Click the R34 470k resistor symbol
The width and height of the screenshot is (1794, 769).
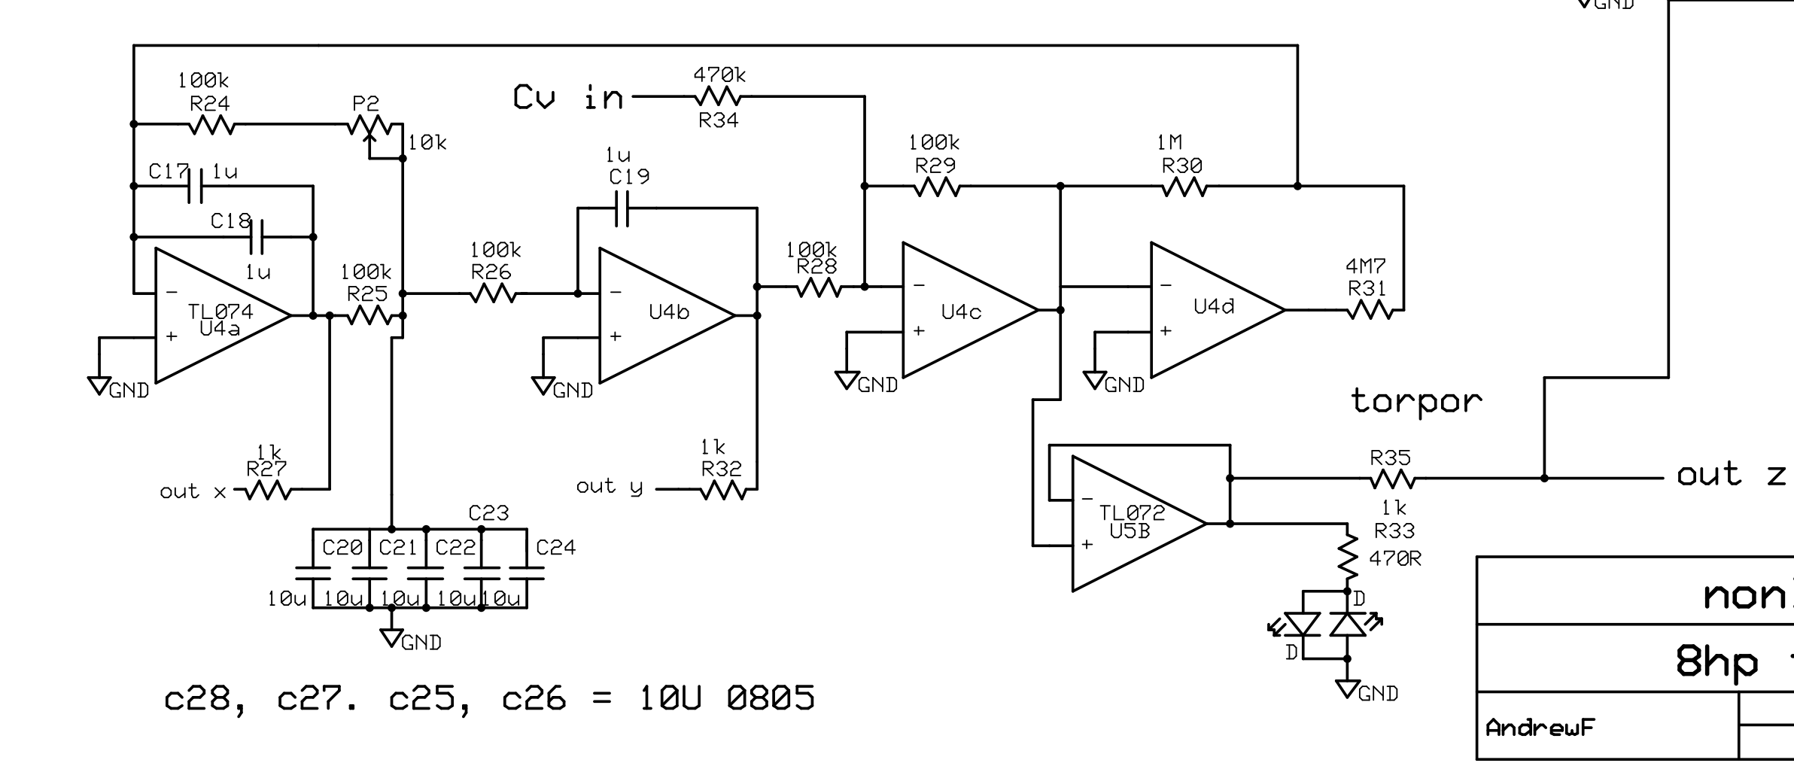tap(718, 96)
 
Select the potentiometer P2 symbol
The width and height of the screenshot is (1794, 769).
tap(369, 126)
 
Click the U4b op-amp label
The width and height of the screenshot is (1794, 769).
tap(668, 312)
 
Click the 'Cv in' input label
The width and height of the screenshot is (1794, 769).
tap(568, 98)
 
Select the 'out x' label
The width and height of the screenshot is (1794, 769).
tap(193, 492)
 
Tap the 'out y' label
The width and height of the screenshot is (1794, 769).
tap(610, 487)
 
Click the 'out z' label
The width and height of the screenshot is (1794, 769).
tap(1731, 475)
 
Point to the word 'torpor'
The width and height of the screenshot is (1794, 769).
tap(1416, 401)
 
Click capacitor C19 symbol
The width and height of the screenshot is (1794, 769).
tap(622, 208)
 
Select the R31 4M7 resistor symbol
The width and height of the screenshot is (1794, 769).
tap(1370, 310)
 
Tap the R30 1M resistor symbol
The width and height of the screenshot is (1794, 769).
tap(1184, 187)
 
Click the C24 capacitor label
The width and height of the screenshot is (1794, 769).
tap(555, 548)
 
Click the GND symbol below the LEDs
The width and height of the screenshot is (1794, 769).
tap(1347, 688)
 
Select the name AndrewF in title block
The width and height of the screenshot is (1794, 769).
tap(1540, 728)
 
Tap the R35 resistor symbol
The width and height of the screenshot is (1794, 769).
tap(1391, 479)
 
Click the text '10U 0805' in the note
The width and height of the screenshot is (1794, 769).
tap(726, 698)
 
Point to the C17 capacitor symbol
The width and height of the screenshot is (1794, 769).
tap(195, 186)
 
